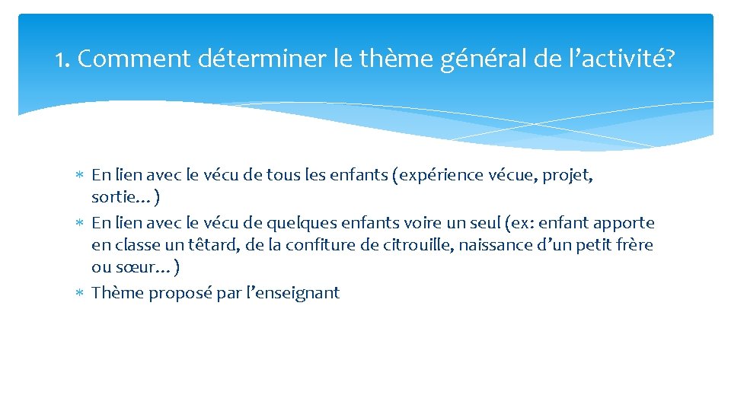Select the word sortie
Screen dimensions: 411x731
pyautogui.click(x=113, y=199)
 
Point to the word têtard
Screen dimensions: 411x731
pyautogui.click(x=210, y=246)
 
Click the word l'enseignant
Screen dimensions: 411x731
pyautogui.click(x=292, y=293)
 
